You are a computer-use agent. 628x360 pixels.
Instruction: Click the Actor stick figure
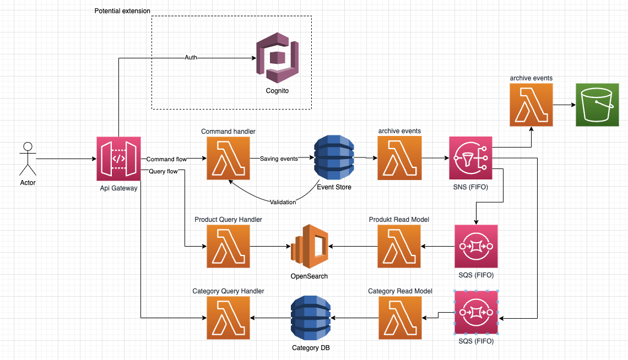pos(28,159)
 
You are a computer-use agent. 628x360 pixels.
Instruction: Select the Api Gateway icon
pos(118,159)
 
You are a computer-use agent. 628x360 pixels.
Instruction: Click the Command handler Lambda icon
pos(228,159)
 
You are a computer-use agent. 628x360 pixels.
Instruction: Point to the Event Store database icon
pos(334,158)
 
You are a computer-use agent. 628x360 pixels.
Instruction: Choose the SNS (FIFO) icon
pos(471,159)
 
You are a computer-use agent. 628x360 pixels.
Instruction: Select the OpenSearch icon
pos(309,246)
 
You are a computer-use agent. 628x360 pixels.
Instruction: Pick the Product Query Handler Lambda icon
pos(228,246)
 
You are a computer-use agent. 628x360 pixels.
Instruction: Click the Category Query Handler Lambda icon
pos(228,318)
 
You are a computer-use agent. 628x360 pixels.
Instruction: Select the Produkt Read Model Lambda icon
pos(399,246)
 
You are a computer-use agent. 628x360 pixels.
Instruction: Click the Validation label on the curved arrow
pos(283,202)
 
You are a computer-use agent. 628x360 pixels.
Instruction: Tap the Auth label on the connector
pos(191,57)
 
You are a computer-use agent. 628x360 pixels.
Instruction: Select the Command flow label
pos(166,159)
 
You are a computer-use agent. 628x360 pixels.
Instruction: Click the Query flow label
pos(163,171)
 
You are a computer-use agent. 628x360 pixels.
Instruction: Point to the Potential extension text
pos(122,11)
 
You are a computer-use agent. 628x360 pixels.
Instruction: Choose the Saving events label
pos(279,159)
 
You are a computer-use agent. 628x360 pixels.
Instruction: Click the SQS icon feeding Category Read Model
pos(476,313)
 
